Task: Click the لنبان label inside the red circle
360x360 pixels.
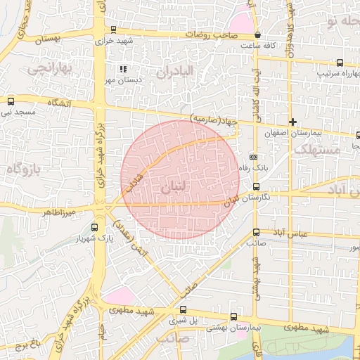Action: [x=175, y=188]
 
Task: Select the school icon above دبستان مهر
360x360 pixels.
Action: [x=123, y=69]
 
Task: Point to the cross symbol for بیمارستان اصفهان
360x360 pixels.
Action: [x=292, y=122]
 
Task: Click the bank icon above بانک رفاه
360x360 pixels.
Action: [x=254, y=157]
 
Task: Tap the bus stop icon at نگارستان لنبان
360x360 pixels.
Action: [x=255, y=187]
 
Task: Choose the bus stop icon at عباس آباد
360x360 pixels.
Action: [x=255, y=232]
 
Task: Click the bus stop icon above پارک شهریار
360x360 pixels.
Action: [x=95, y=227]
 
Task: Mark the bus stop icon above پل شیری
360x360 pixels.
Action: [x=183, y=309]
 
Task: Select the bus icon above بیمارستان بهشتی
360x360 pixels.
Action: [x=233, y=317]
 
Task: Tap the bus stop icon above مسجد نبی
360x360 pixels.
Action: [x=10, y=101]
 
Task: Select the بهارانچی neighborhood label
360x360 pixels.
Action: [x=48, y=70]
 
